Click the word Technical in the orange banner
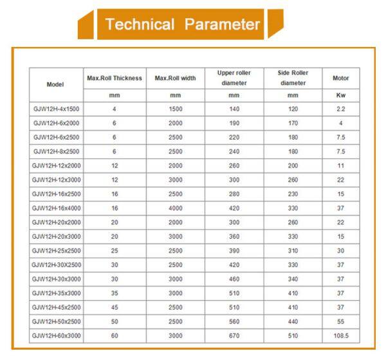point(140,25)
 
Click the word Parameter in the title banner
point(222,25)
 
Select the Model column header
point(55,84)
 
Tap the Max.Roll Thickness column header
point(114,78)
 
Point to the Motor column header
point(340,78)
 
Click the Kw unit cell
point(340,95)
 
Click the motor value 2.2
point(340,109)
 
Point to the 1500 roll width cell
point(176,109)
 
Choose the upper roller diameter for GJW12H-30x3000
point(234,279)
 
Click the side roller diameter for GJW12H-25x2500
point(293,251)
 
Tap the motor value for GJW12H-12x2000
point(340,166)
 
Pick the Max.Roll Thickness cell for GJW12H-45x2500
point(114,307)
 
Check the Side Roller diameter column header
point(293,78)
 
